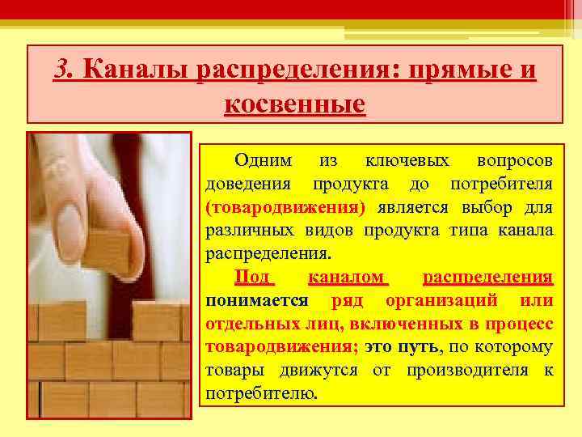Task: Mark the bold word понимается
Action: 256,300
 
